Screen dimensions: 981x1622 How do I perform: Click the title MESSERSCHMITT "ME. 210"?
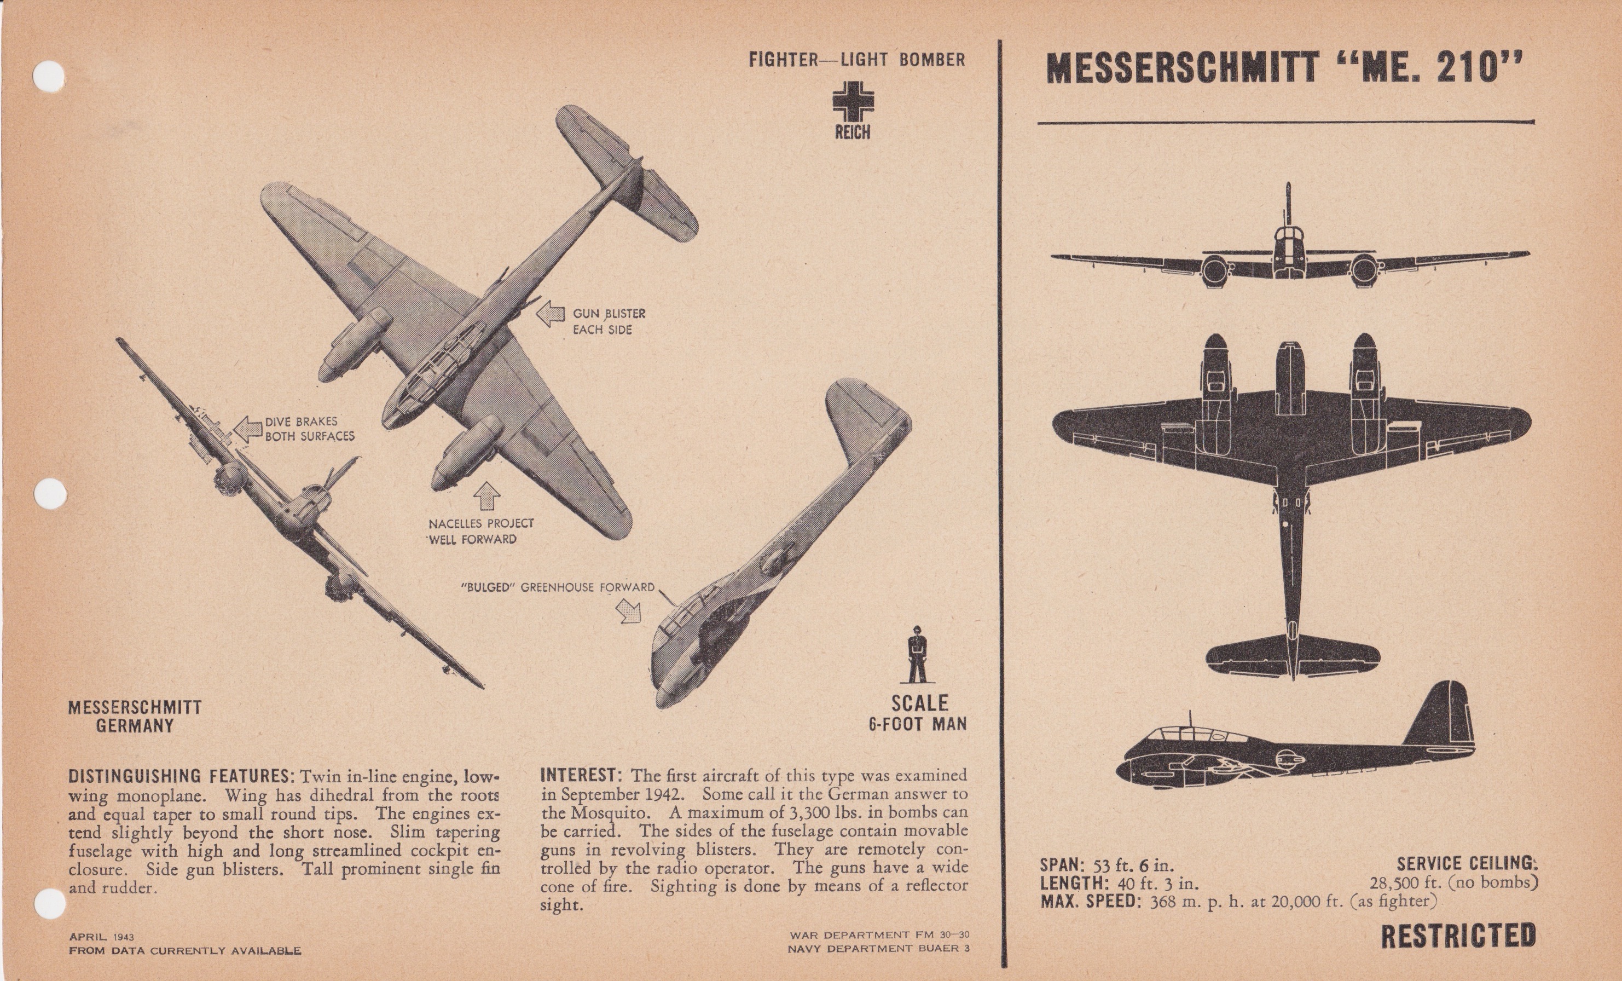[1284, 68]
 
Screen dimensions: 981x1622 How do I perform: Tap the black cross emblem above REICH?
[853, 102]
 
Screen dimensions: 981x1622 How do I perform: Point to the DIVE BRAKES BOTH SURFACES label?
[309, 429]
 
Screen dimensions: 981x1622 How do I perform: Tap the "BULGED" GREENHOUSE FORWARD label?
[558, 587]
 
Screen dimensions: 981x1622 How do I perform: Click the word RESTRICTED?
[1458, 936]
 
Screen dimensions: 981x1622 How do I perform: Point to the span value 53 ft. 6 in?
[1133, 865]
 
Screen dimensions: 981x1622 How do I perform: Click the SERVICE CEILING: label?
[1467, 863]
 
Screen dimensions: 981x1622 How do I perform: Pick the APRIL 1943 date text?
[101, 936]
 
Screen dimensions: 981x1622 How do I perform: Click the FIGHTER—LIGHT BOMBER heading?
[856, 60]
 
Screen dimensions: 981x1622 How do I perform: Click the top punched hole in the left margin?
[49, 75]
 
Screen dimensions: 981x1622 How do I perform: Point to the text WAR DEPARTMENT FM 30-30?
[879, 935]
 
